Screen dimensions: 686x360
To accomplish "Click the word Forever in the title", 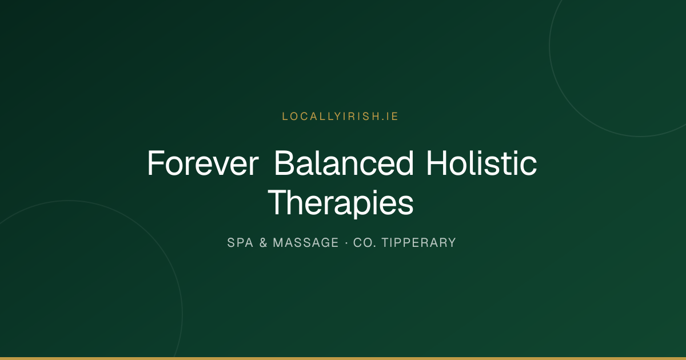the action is (x=203, y=163).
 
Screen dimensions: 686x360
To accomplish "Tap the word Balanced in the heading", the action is (x=344, y=163).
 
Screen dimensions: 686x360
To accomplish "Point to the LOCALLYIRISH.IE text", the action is (x=340, y=117).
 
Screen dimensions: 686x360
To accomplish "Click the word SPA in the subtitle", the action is (x=240, y=243).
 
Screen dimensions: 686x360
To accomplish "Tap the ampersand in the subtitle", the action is (x=263, y=243).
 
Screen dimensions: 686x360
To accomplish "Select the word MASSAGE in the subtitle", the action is (x=306, y=243).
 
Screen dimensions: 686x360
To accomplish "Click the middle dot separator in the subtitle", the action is (x=346, y=243).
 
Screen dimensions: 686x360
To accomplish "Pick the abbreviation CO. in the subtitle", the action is (x=365, y=243).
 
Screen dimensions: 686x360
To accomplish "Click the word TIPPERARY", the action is (x=418, y=243).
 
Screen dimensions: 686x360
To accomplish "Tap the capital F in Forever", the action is (x=155, y=163).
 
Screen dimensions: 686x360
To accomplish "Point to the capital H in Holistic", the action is (x=437, y=163).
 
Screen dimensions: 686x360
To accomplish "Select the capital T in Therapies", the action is (x=278, y=202).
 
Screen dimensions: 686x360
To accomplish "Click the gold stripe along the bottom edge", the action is (x=343, y=358).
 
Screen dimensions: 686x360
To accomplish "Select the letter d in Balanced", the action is (x=404, y=163).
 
